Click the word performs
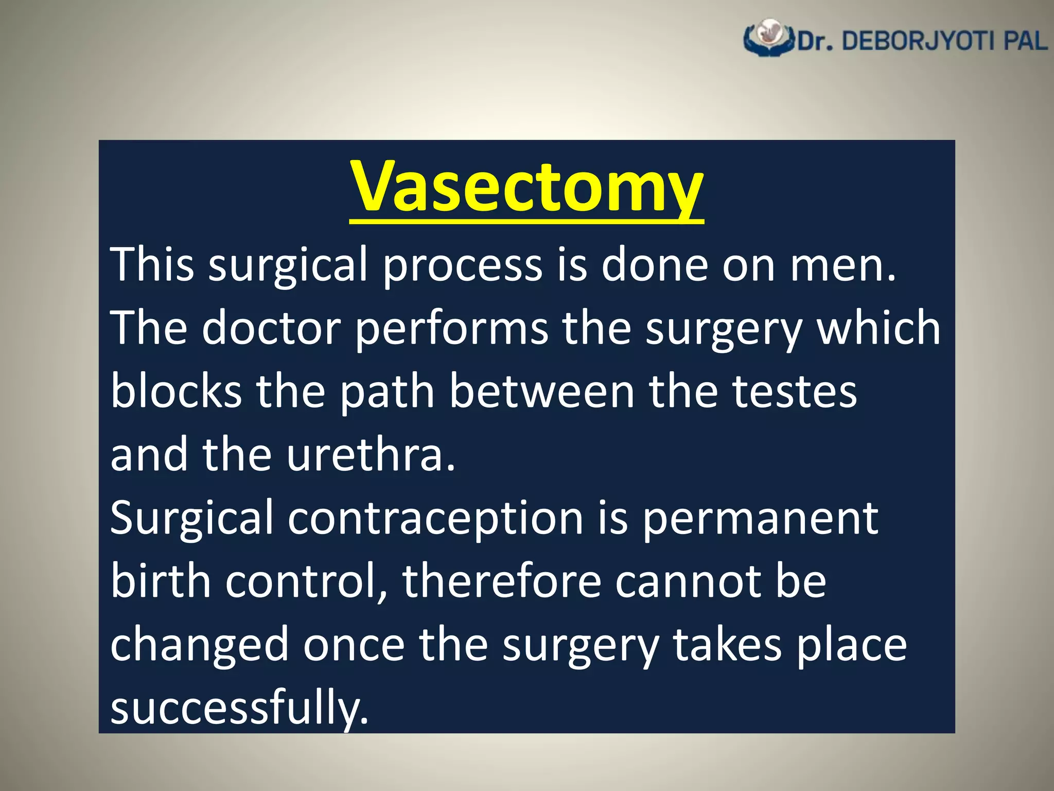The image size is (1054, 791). [x=452, y=330]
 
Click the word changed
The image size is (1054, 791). [x=200, y=646]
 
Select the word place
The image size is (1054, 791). [x=851, y=646]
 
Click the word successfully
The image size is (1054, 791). [x=239, y=708]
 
